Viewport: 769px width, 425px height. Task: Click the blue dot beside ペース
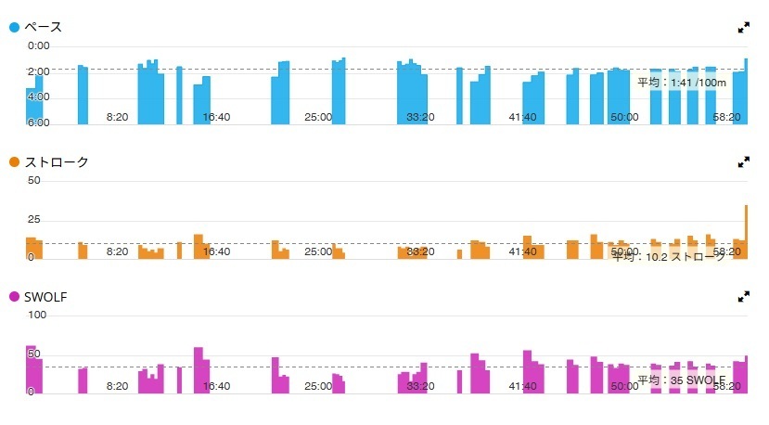(14, 28)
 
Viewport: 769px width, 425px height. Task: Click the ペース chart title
(43, 28)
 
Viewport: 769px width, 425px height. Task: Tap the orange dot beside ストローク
(14, 163)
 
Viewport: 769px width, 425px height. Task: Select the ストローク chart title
(57, 163)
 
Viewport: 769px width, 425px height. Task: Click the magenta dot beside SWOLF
(14, 297)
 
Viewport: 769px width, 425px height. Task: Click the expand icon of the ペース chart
(743, 28)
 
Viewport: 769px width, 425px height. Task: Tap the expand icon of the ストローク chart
(743, 162)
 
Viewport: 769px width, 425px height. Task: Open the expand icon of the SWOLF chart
(743, 297)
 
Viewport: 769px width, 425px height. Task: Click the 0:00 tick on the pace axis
(39, 45)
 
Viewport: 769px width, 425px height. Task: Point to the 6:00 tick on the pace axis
(39, 122)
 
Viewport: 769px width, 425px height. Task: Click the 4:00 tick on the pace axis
(39, 97)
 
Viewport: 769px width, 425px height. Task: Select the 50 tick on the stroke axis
(34, 180)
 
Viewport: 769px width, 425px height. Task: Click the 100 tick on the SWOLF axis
(37, 316)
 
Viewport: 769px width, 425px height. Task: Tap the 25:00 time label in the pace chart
(318, 117)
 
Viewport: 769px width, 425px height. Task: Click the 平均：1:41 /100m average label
(683, 83)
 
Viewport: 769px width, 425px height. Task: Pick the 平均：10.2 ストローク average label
(669, 257)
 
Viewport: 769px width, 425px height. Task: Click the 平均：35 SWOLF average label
(681, 380)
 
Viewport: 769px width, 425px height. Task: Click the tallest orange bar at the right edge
(746, 232)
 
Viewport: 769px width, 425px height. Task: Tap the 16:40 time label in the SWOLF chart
(216, 386)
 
